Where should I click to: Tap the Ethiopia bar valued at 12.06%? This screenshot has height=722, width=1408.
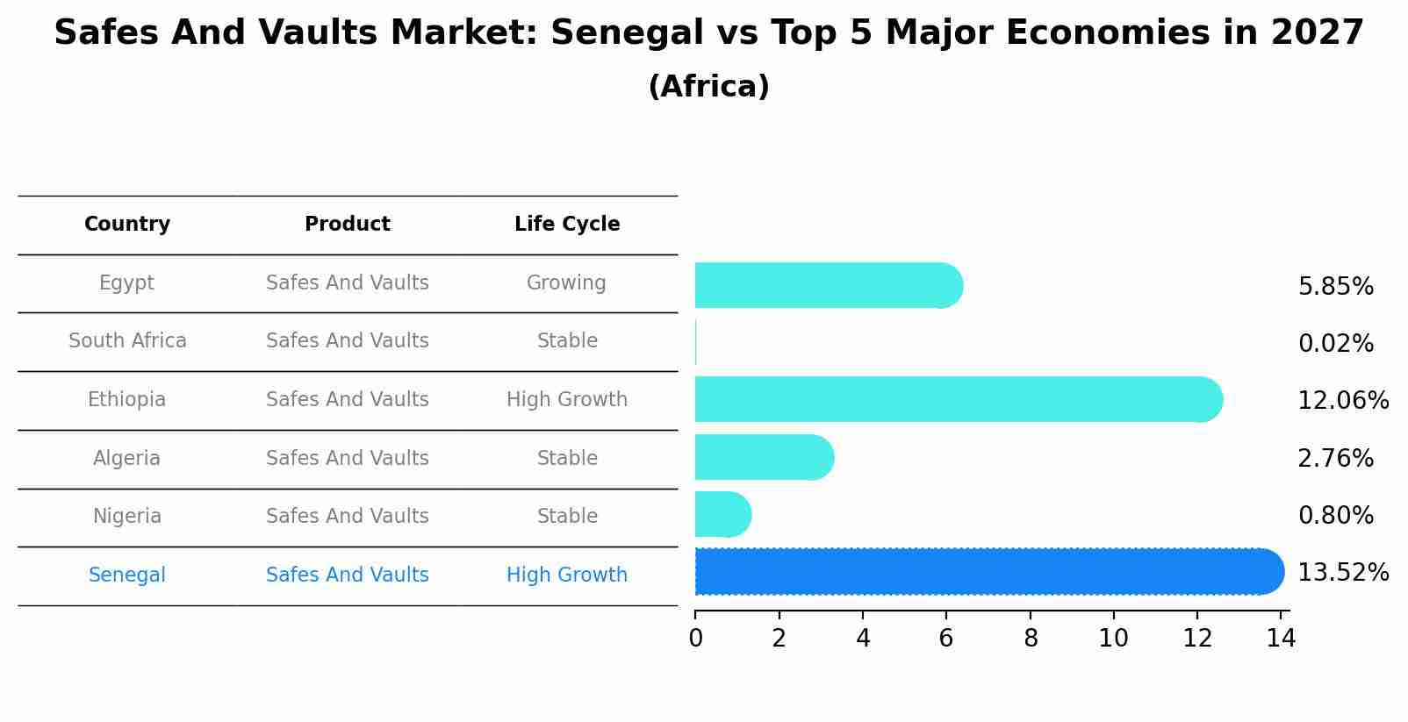coord(958,399)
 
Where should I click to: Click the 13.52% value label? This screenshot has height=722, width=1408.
coord(1342,573)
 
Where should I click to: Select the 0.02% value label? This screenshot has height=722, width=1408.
coord(1335,344)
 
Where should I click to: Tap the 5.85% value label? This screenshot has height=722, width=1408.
coord(1335,287)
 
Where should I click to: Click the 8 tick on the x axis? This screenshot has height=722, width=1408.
coord(1031,639)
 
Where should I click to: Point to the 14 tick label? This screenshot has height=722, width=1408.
coord(1281,639)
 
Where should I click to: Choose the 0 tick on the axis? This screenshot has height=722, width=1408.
coord(695,639)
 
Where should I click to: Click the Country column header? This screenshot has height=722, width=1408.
coord(127,225)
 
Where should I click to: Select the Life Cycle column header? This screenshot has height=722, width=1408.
coord(567,225)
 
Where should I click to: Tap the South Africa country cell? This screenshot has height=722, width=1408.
coord(127,341)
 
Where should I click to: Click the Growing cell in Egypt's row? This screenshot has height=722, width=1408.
coord(566,283)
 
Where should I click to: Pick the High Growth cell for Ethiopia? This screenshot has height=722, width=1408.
coord(567,400)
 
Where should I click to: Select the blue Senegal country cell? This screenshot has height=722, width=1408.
coord(127,575)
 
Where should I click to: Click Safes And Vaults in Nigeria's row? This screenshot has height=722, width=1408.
coord(348,517)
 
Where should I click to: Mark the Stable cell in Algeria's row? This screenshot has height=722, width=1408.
coord(567,459)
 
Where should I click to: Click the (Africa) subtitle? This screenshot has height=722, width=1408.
coord(708,87)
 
